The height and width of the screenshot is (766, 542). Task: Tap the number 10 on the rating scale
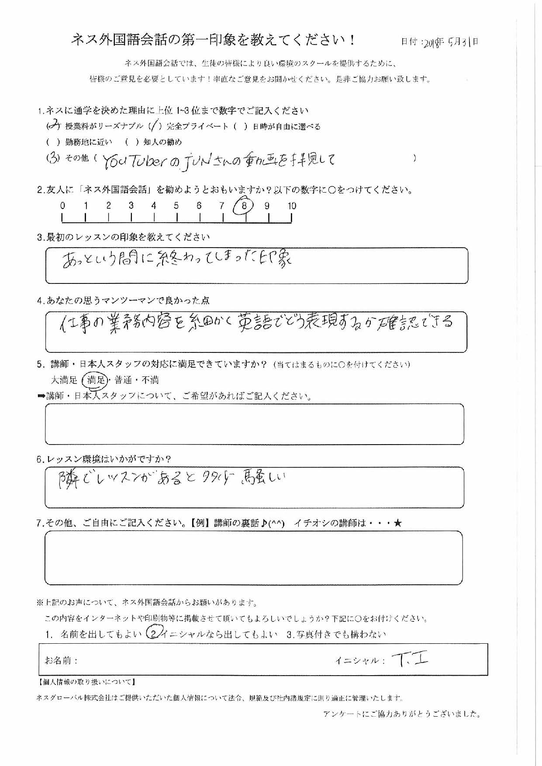point(292,206)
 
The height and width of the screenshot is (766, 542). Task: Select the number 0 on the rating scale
point(63,206)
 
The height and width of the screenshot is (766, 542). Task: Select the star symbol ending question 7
point(397,523)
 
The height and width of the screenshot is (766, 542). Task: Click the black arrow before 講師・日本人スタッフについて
point(41,397)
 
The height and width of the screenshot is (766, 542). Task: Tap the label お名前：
point(61,660)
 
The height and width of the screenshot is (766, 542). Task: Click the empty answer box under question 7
point(253,558)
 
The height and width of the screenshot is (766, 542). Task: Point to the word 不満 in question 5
point(150,380)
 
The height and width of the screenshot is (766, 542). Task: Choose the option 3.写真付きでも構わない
point(336,634)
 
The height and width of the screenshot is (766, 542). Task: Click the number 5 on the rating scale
point(176,206)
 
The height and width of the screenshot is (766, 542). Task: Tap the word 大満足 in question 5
point(64,380)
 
